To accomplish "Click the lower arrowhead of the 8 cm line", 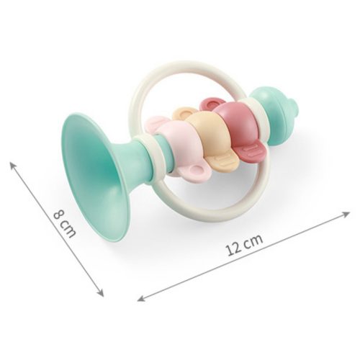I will [x=102, y=292].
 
